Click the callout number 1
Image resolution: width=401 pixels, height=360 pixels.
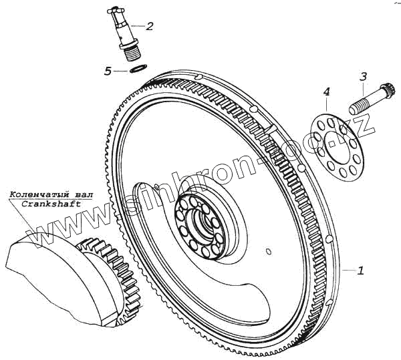[361, 271]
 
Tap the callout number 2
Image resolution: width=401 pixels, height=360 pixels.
[150, 27]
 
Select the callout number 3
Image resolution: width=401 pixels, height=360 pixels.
[363, 77]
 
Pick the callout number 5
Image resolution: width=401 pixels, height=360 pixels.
[108, 71]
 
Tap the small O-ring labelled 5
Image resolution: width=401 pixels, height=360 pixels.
[138, 69]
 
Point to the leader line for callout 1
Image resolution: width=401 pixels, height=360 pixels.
[349, 269]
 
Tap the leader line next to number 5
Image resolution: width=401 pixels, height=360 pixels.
[120, 70]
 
